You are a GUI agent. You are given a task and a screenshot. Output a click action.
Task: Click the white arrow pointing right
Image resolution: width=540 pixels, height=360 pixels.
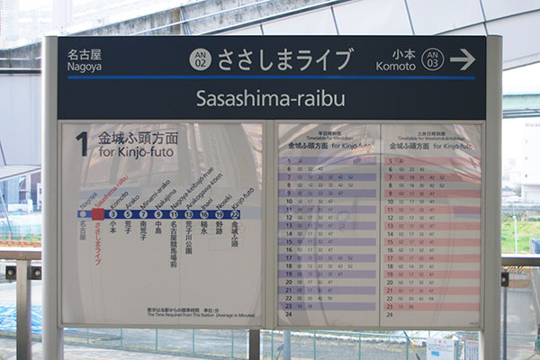pos(463,59)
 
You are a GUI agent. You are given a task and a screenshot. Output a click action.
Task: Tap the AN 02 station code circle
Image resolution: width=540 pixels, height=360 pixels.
pos(200,59)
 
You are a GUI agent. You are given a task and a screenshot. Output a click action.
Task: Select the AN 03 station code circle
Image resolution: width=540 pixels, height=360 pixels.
pos(433,59)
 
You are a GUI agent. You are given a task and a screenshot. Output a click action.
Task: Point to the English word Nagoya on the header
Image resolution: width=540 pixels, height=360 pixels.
pos(85,67)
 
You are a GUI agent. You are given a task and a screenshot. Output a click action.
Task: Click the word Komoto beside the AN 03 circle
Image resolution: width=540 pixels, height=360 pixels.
pos(395,67)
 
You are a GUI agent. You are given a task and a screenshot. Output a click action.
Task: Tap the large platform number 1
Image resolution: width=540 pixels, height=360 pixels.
pos(82,144)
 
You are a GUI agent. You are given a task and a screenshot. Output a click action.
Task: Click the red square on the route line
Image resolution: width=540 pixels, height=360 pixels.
pos(98,214)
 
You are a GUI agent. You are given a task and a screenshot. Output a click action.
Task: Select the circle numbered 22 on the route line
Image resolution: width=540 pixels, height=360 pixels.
pos(235,214)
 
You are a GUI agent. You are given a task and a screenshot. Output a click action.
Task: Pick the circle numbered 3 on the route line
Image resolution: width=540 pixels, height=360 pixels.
pos(112,214)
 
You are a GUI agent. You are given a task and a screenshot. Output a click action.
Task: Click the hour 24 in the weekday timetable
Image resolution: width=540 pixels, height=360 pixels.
pos(289,314)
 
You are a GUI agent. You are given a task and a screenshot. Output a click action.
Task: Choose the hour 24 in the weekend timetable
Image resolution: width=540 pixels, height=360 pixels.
pos(390,314)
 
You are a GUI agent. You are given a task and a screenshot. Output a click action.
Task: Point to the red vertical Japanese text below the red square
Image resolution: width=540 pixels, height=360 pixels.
pos(98,243)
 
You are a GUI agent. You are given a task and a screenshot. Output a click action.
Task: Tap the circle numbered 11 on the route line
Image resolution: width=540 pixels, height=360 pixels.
pos(174,214)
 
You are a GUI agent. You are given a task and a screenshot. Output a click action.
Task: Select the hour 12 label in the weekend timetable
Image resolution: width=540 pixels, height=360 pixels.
pos(390,217)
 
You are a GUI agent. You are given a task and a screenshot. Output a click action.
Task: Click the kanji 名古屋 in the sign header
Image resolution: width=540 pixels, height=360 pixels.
pos(85,54)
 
